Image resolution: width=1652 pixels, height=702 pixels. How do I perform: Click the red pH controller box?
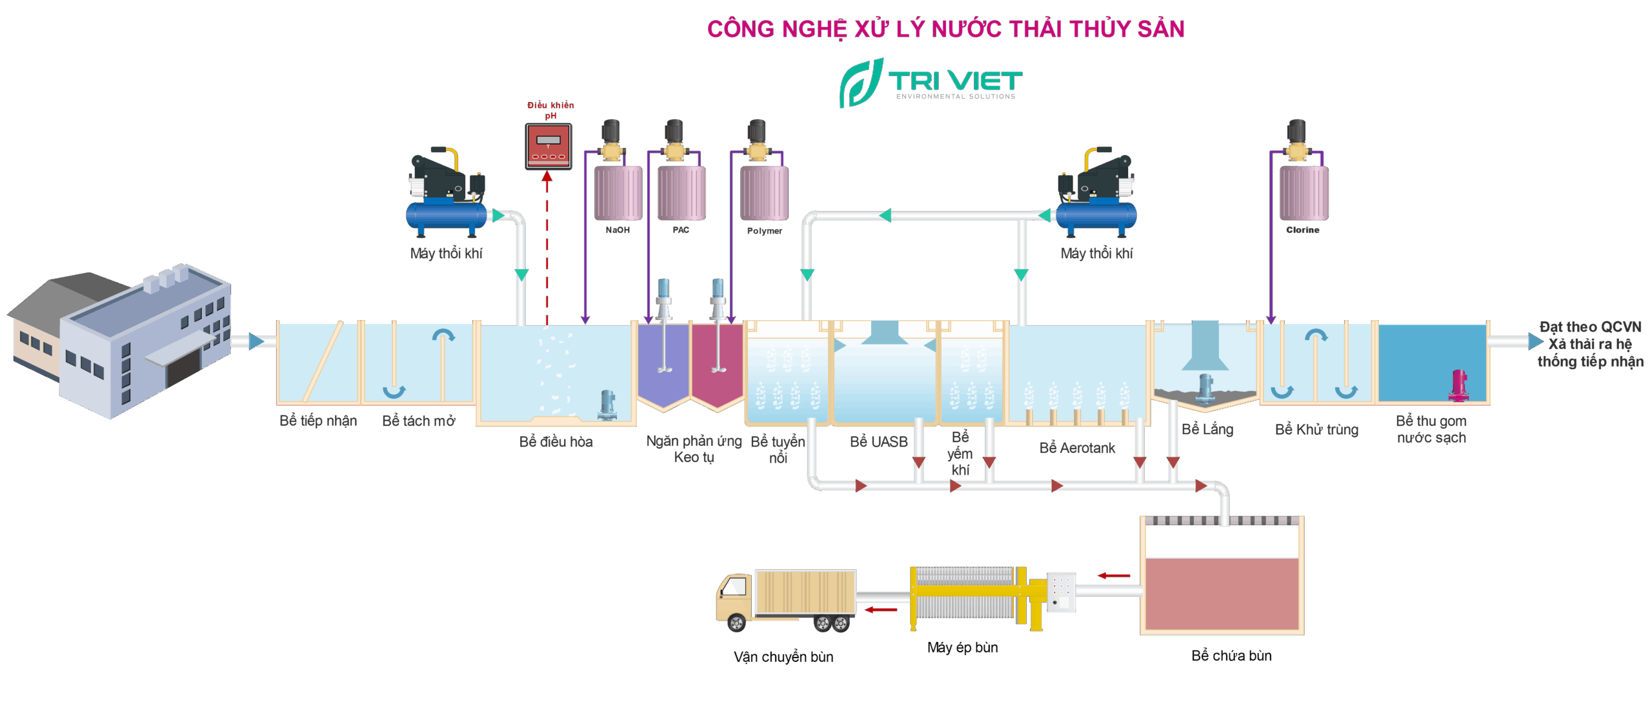pyautogui.click(x=548, y=146)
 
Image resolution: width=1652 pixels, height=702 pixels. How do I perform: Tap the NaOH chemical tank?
pyautogui.click(x=618, y=193)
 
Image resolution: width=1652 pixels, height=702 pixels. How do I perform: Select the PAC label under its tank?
pyautogui.click(x=681, y=230)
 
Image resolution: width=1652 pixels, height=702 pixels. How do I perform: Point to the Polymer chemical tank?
pyautogui.click(x=764, y=193)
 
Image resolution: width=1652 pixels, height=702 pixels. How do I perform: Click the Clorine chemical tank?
pyautogui.click(x=1304, y=193)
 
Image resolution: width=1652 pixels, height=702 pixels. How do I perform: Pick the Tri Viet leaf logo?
pyautogui.click(x=861, y=83)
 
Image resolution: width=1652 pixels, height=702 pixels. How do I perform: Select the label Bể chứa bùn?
pyautogui.click(x=1231, y=656)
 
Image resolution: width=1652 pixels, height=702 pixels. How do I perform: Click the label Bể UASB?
pyautogui.click(x=878, y=442)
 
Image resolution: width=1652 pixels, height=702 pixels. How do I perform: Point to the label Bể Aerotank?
pyautogui.click(x=1077, y=448)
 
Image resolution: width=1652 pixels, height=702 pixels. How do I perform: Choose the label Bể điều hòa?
pyautogui.click(x=556, y=442)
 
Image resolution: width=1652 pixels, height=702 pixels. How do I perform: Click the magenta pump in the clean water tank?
pyautogui.click(x=1458, y=385)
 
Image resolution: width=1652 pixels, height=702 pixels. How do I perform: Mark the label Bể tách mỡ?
pyautogui.click(x=418, y=421)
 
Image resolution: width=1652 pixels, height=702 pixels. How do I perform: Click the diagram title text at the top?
pyautogui.click(x=945, y=29)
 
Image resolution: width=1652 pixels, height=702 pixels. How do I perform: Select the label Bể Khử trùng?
pyautogui.click(x=1316, y=430)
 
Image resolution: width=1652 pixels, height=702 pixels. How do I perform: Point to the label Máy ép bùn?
pyautogui.click(x=962, y=648)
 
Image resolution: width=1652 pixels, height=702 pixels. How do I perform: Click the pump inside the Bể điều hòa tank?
pyautogui.click(x=607, y=405)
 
